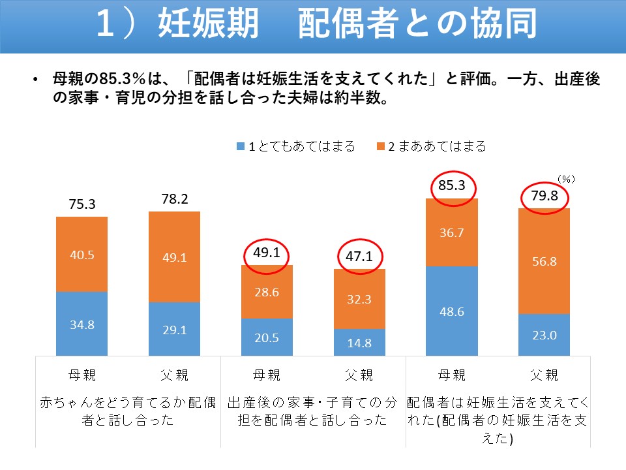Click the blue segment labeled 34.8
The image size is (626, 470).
point(82,323)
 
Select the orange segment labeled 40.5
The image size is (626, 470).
point(82,254)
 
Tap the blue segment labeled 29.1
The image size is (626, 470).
point(174,328)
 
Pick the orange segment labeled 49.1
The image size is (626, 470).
point(174,257)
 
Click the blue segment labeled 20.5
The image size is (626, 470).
point(267,337)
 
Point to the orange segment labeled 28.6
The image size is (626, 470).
point(267,292)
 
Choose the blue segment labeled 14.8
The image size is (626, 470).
point(359,342)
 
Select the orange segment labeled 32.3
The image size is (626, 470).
point(359,299)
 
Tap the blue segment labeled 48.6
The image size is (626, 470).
point(452,311)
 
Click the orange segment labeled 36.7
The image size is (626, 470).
point(452,232)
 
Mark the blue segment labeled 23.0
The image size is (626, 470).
point(544,334)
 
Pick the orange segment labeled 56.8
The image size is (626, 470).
point(544,261)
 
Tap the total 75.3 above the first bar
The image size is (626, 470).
point(82,204)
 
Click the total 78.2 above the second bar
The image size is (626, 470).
point(174,199)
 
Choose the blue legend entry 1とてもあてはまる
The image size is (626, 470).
point(296,147)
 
